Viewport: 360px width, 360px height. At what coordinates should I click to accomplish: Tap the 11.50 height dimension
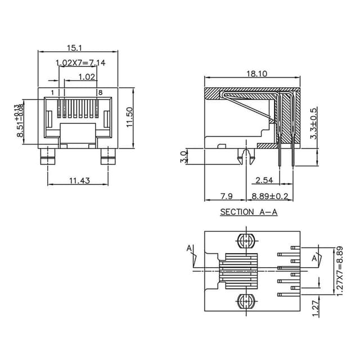129,118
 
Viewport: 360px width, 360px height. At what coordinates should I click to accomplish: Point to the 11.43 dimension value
80,181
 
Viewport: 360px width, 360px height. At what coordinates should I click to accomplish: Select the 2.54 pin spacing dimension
264,181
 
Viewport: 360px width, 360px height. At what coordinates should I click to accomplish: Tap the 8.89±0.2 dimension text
270,196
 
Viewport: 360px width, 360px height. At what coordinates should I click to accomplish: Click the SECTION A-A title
249,212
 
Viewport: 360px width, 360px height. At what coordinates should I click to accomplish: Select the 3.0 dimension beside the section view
183,156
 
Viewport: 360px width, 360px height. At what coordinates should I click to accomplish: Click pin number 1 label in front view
52,92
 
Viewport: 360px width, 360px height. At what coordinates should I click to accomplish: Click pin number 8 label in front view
100,92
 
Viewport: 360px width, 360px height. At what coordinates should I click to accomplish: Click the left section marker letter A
189,248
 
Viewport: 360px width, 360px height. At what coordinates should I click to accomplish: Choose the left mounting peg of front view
47,157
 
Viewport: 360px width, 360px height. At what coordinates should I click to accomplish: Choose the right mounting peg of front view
108,157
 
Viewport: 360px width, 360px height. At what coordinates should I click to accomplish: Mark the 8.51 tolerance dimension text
20,121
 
